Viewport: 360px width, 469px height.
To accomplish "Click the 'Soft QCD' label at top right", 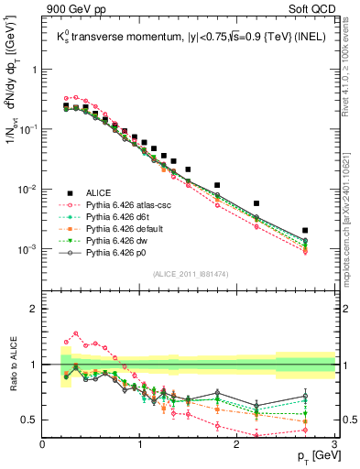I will pyautogui.click(x=314, y=10).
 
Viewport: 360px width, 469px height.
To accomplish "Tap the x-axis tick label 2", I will pyautogui.click(x=237, y=443).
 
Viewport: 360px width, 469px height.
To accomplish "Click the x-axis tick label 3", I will pyautogui.click(x=334, y=443).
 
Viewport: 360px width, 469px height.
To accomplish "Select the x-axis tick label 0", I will pyautogui.click(x=43, y=443).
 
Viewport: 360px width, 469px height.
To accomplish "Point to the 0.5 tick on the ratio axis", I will pyautogui.click(x=29, y=420).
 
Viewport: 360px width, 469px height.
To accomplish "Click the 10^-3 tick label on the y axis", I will pyautogui.click(x=27, y=250).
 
